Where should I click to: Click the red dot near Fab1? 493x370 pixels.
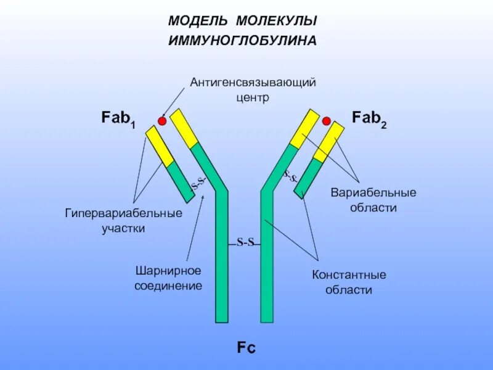[x=163, y=121]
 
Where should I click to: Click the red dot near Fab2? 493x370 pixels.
[x=327, y=121]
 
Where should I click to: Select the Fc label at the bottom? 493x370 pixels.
[x=246, y=348]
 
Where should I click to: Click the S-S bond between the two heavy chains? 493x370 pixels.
[x=245, y=242]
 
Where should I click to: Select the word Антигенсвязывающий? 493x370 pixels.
[x=253, y=83]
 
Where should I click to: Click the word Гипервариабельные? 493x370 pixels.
[x=124, y=213]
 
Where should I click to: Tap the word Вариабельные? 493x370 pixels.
[x=373, y=192]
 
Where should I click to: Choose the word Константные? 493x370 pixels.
[x=349, y=274]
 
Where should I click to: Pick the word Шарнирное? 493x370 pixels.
[x=169, y=271]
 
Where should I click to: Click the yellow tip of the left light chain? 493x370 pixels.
[x=160, y=146]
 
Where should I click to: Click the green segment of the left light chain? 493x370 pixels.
[x=181, y=181]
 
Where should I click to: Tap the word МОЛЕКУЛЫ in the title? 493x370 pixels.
[x=277, y=21]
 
